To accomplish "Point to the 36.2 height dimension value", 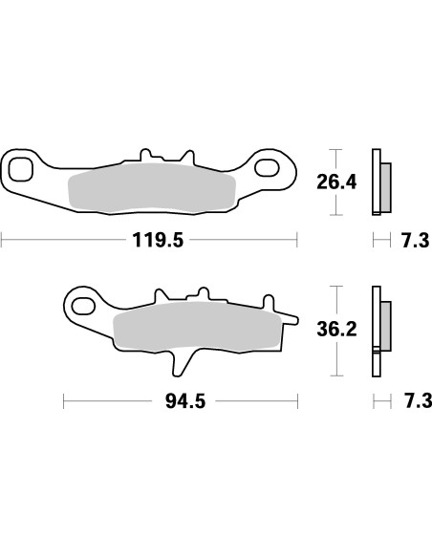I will pos(336,330).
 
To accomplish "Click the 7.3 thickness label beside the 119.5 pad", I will pos(415,241).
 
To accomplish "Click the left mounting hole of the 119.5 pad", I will pos(20,171).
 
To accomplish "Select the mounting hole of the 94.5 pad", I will pos(83,308).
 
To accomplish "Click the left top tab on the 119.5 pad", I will pos(146,153).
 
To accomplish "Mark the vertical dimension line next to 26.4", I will pos(333,182).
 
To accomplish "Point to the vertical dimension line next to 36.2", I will pos(333,330).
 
